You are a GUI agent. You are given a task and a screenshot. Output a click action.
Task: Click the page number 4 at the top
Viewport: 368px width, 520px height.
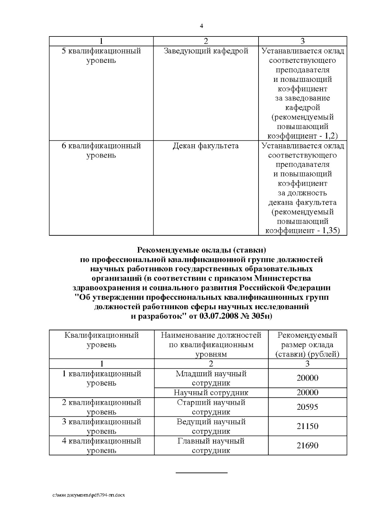(x=201, y=26)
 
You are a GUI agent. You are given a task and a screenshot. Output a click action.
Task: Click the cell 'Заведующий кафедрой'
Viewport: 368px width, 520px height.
(x=206, y=51)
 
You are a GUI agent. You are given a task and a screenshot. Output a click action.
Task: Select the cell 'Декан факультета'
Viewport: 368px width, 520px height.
(x=206, y=146)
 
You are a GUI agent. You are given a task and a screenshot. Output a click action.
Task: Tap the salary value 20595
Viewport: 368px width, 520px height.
(x=307, y=407)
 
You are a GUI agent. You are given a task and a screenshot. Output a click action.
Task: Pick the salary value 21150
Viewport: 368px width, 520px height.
(x=307, y=426)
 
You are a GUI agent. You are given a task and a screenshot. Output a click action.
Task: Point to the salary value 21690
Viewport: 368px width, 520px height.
(x=307, y=446)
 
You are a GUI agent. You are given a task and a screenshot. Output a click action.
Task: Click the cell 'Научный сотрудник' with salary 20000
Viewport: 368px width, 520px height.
(x=211, y=393)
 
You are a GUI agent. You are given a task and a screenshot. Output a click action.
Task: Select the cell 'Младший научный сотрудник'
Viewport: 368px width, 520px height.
(x=211, y=378)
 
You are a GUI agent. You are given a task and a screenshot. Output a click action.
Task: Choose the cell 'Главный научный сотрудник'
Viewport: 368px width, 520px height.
(x=211, y=446)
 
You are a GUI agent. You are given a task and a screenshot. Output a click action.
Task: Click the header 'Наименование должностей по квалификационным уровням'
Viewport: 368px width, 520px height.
(x=211, y=344)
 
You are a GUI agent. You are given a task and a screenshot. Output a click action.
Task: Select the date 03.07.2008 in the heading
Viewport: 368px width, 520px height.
(x=219, y=316)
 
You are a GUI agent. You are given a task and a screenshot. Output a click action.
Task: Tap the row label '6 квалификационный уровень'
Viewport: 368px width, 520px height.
(x=101, y=150)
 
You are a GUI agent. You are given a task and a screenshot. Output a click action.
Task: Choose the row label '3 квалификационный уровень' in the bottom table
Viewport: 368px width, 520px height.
(x=102, y=426)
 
